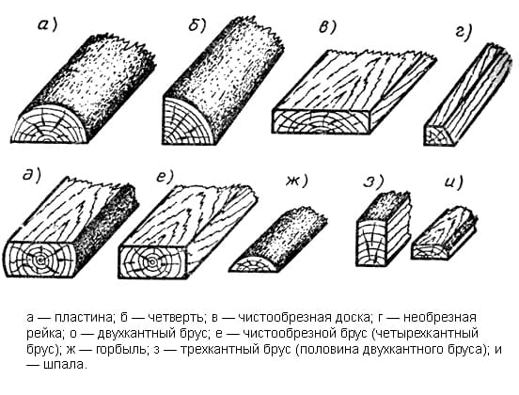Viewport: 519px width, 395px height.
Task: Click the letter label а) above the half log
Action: (48, 24)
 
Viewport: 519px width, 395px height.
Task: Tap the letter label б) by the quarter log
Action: (198, 24)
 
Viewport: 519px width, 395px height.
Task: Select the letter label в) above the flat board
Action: (328, 26)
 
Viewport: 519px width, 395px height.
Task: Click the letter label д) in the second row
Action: (31, 175)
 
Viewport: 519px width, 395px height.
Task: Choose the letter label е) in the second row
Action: (165, 176)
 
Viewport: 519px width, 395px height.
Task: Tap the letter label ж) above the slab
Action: (297, 181)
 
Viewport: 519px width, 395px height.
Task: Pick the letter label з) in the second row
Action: (373, 182)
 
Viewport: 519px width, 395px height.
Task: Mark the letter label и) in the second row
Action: (454, 182)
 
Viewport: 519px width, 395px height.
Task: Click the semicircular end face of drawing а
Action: (50, 125)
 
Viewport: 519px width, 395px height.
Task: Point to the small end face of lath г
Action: (438, 135)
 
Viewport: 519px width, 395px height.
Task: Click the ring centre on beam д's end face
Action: (40, 261)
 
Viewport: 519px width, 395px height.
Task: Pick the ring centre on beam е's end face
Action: (153, 262)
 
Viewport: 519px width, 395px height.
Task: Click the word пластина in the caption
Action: (84, 318)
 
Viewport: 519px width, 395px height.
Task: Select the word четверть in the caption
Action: (176, 318)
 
